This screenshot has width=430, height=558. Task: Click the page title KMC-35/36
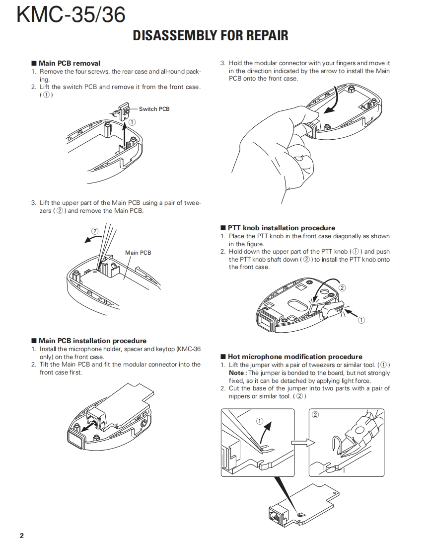(71, 14)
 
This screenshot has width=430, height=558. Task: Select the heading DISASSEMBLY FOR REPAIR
(211, 36)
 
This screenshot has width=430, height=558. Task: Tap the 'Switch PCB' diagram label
(154, 109)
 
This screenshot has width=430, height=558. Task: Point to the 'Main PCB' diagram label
(138, 253)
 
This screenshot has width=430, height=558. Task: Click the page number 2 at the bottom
(21, 536)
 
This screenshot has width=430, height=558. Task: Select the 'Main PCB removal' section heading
(69, 63)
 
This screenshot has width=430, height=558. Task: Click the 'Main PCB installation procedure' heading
(92, 341)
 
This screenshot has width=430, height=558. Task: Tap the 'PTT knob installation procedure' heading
(281, 228)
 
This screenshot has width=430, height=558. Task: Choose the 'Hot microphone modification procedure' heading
(295, 357)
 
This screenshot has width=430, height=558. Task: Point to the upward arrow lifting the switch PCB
(124, 133)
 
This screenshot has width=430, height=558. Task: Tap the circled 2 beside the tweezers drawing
(95, 231)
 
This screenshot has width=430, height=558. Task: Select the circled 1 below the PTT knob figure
(361, 320)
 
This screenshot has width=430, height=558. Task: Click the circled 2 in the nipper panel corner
(315, 415)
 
